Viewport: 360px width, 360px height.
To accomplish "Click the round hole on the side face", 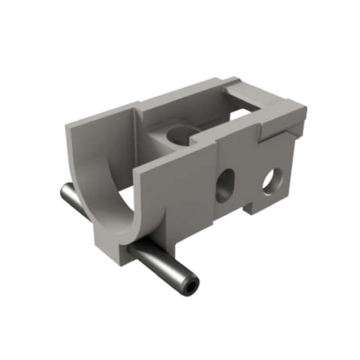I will click(273, 180).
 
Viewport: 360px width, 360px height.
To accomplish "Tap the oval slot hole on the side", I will click(225, 186).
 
